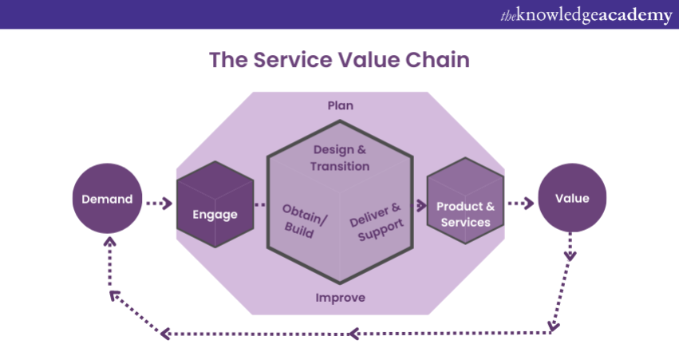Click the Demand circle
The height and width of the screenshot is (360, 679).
pyautogui.click(x=106, y=200)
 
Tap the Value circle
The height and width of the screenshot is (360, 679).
pyautogui.click(x=572, y=200)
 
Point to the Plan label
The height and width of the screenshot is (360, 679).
pyautogui.click(x=340, y=105)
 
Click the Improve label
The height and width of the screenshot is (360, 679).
pyautogui.click(x=340, y=298)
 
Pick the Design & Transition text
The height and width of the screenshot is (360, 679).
pyautogui.click(x=341, y=158)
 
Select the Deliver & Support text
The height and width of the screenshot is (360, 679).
pyautogui.click(x=376, y=223)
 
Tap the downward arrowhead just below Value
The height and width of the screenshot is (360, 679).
pyautogui.click(x=570, y=255)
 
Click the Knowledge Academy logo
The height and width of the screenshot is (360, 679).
pyautogui.click(x=586, y=15)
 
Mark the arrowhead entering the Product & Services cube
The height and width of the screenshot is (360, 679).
pyautogui.click(x=420, y=205)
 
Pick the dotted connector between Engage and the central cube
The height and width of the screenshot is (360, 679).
pyautogui.click(x=260, y=204)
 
